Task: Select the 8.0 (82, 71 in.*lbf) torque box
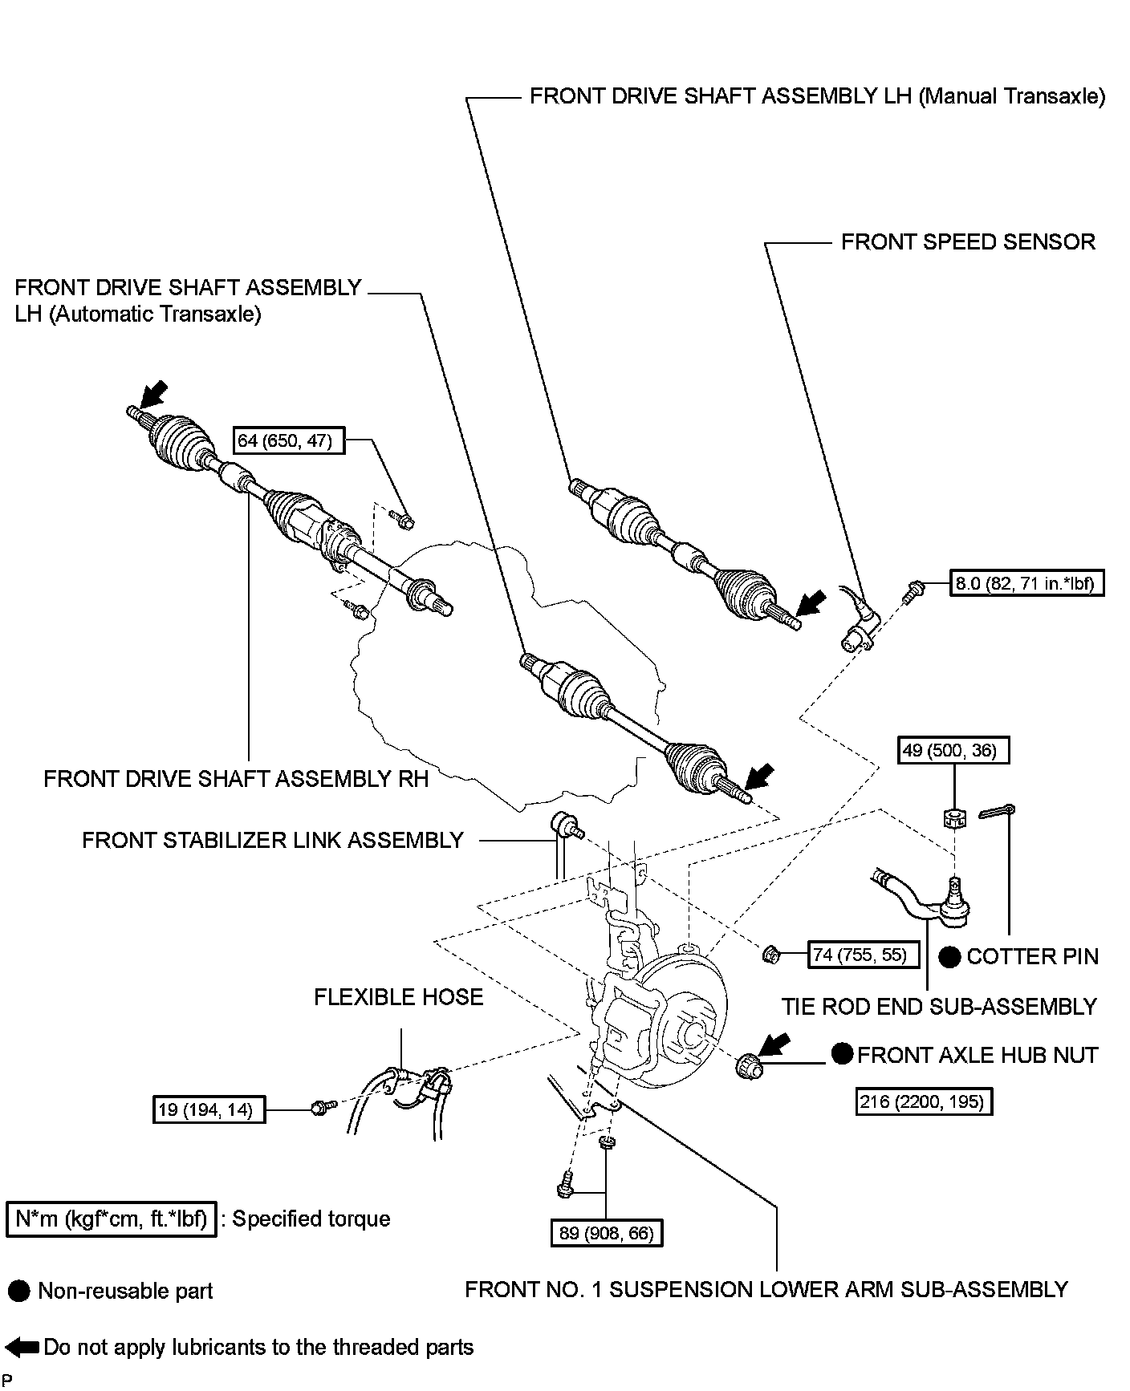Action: point(1027,582)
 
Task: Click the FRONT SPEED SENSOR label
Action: point(967,242)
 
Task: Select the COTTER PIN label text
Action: point(1032,956)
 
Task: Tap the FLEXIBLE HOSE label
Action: point(398,997)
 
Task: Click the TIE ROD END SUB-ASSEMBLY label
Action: point(939,1006)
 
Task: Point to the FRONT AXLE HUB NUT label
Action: point(977,1055)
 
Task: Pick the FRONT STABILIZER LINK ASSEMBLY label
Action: point(273,840)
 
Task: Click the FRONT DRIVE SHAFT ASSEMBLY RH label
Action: point(236,779)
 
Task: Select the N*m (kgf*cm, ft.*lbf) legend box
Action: point(111,1219)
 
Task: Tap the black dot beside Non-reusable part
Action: point(18,1292)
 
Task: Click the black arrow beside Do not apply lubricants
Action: point(22,1348)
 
